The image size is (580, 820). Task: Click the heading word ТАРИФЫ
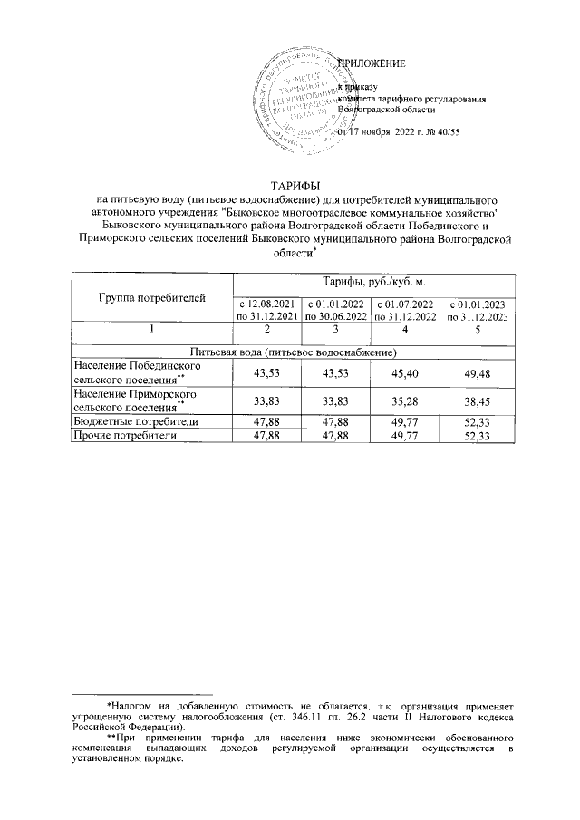(291, 185)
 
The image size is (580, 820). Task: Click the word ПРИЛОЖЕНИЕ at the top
(372, 63)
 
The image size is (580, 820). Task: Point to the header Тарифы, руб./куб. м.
(373, 284)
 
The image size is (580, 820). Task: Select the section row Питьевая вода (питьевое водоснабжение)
(291, 351)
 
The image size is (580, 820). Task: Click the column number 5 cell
(477, 331)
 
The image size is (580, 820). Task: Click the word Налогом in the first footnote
(134, 703)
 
